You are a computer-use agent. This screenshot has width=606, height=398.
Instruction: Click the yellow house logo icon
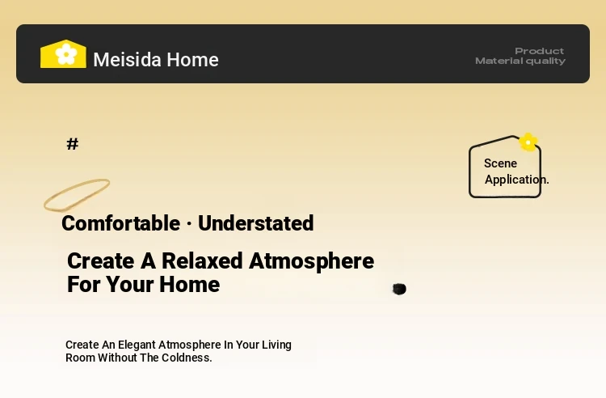coord(63,53)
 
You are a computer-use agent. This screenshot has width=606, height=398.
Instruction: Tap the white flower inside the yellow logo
coord(66,53)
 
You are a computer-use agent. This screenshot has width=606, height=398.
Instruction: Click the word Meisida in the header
coord(127,60)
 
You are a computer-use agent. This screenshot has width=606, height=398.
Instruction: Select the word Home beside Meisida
coord(193,60)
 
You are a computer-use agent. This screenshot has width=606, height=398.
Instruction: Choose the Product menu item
coord(540,51)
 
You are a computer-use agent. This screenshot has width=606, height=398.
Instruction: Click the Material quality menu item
coord(520,61)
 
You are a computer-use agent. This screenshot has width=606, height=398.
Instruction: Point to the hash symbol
coord(73,144)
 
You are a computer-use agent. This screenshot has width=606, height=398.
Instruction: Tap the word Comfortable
coord(121,223)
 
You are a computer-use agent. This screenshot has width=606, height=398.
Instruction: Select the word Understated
coord(256,223)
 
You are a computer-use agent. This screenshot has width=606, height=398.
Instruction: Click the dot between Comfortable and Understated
coord(189,224)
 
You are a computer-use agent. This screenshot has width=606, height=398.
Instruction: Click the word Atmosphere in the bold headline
coord(312,262)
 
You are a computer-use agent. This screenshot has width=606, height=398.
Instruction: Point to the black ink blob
coord(399,289)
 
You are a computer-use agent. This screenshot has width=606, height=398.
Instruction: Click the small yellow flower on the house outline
coord(528,142)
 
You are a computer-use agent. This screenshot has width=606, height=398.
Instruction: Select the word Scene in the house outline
coord(500,163)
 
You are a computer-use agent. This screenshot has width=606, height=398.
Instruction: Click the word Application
coord(517,180)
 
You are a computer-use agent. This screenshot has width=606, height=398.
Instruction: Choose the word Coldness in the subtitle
coord(187,358)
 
